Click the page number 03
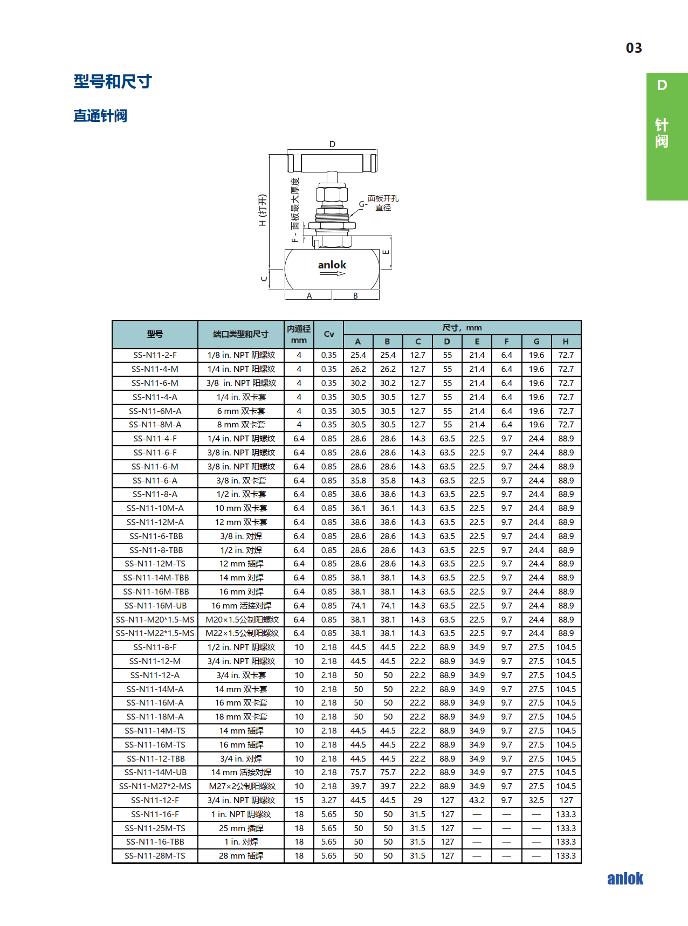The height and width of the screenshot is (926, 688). pos(634,48)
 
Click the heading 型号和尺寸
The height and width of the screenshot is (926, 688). pos(113,81)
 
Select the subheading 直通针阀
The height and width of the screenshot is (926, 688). pos(100,116)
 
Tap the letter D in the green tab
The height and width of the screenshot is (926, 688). pos(662,85)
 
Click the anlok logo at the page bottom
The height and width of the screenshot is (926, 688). pos(625,879)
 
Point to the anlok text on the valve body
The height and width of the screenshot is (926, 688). pos(332,265)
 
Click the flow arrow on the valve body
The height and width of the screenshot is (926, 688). pos(332,274)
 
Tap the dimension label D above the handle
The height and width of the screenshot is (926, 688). pos(332,144)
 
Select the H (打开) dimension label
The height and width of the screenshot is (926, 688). pos(263,210)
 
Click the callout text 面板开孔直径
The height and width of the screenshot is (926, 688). pos(383,203)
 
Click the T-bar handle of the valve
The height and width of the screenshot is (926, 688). pos(332,162)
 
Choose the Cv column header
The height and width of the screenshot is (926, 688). pos(329,334)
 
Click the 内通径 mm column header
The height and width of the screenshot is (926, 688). pos(299,334)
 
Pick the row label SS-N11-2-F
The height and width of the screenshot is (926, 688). pos(155,355)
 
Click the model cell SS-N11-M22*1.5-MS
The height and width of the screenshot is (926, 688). pos(155,633)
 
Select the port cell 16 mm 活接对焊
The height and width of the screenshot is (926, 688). pos(241,605)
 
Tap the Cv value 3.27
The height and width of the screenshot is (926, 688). pos(329,800)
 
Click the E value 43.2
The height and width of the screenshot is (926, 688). pos(477,800)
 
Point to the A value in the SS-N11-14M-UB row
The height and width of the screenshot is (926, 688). pos(358,772)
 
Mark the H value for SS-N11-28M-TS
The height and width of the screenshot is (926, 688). pos(566,856)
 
